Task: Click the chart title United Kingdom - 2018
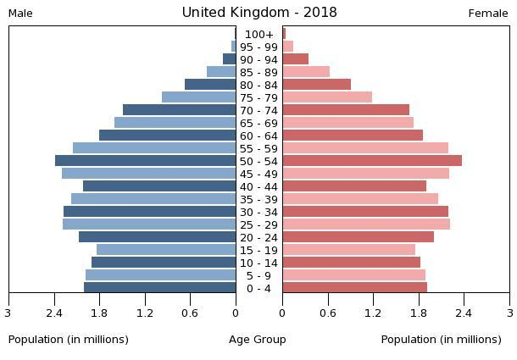[258, 13]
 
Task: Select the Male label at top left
[20, 14]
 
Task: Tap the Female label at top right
[488, 14]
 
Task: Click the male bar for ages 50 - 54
[145, 161]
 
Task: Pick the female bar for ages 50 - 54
[372, 161]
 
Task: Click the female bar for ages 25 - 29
[366, 224]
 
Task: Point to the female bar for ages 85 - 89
[306, 72]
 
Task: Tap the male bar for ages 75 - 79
[198, 97]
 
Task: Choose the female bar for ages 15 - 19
[348, 250]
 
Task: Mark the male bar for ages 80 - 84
[210, 85]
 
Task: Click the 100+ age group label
[258, 34]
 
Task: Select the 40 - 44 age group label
[258, 186]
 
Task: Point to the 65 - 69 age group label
[258, 123]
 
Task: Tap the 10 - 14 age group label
[258, 263]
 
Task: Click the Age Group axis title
[258, 340]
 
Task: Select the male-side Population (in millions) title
[69, 340]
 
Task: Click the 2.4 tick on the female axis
[464, 313]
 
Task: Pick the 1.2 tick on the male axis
[145, 313]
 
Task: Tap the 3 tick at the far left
[8, 313]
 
